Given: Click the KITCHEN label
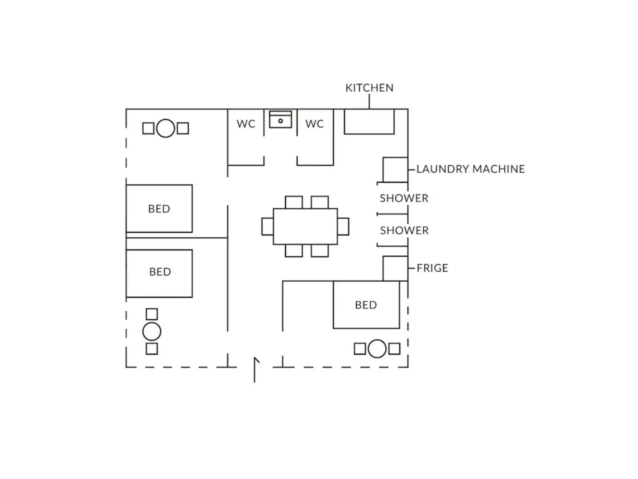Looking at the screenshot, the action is pyautogui.click(x=369, y=88).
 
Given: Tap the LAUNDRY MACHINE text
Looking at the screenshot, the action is pyautogui.click(x=470, y=169).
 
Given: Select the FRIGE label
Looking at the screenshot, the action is pyautogui.click(x=432, y=268).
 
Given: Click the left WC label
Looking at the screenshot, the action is pyautogui.click(x=246, y=124).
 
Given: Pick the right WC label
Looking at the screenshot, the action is pyautogui.click(x=315, y=124).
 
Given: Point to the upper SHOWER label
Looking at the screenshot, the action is pyautogui.click(x=404, y=198).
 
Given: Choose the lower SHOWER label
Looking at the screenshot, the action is pyautogui.click(x=404, y=230).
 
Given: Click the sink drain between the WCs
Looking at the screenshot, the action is pyautogui.click(x=280, y=121).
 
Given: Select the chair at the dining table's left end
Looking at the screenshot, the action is pyautogui.click(x=268, y=226).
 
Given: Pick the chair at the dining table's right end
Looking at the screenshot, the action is pyautogui.click(x=343, y=226).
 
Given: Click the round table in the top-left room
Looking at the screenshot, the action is pyautogui.click(x=165, y=128).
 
